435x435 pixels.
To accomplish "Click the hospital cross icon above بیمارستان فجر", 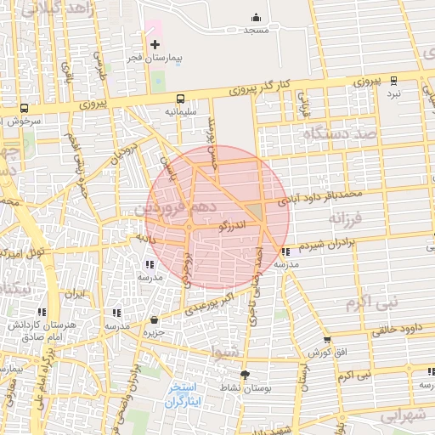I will click(154, 44).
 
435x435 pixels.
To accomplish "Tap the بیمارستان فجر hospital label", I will click(151, 59).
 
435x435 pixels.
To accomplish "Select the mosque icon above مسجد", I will click(257, 17).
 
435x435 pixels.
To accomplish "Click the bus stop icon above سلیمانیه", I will click(180, 99).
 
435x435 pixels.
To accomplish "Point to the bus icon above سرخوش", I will click(24, 109).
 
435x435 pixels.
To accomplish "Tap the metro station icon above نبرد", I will click(393, 81).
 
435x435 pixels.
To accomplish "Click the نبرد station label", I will click(393, 93).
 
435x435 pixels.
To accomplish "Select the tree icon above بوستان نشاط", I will click(246, 375).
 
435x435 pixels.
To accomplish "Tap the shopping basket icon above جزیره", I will click(154, 319).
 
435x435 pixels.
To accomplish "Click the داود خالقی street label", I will click(397, 328).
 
